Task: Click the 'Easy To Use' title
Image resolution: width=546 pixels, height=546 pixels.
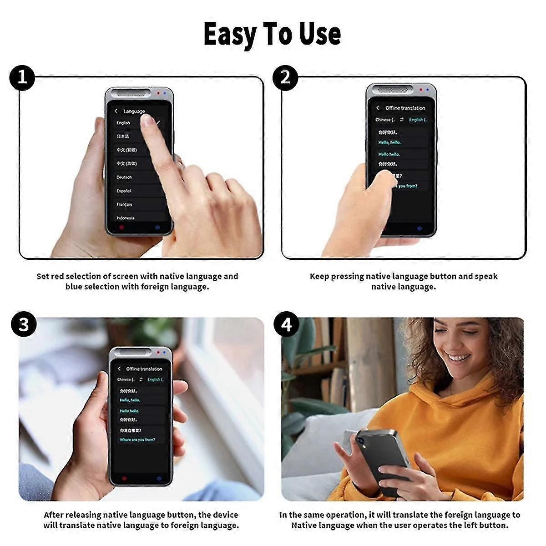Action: pos(272,34)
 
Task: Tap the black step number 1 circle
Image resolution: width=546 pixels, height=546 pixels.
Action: pos(22,77)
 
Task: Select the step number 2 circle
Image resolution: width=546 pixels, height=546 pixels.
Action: pos(285,77)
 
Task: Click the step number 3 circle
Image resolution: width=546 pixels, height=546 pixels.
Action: pos(24,324)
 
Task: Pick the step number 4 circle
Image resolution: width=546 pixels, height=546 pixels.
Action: pos(287,324)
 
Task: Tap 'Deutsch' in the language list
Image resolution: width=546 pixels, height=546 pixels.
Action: pos(124,177)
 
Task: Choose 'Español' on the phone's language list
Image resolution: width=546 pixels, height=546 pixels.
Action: pos(124,191)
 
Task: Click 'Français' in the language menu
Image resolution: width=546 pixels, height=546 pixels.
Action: pos(124,205)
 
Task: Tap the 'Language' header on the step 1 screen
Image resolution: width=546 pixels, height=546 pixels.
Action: pos(134,111)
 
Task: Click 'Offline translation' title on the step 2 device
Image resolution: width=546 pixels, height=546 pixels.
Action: pos(405,108)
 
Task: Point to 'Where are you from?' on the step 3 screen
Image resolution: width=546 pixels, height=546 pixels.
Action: pos(137,440)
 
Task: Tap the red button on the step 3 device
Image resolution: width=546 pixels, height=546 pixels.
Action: pos(124,479)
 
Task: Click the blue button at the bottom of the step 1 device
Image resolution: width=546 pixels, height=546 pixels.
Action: pos(157,227)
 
